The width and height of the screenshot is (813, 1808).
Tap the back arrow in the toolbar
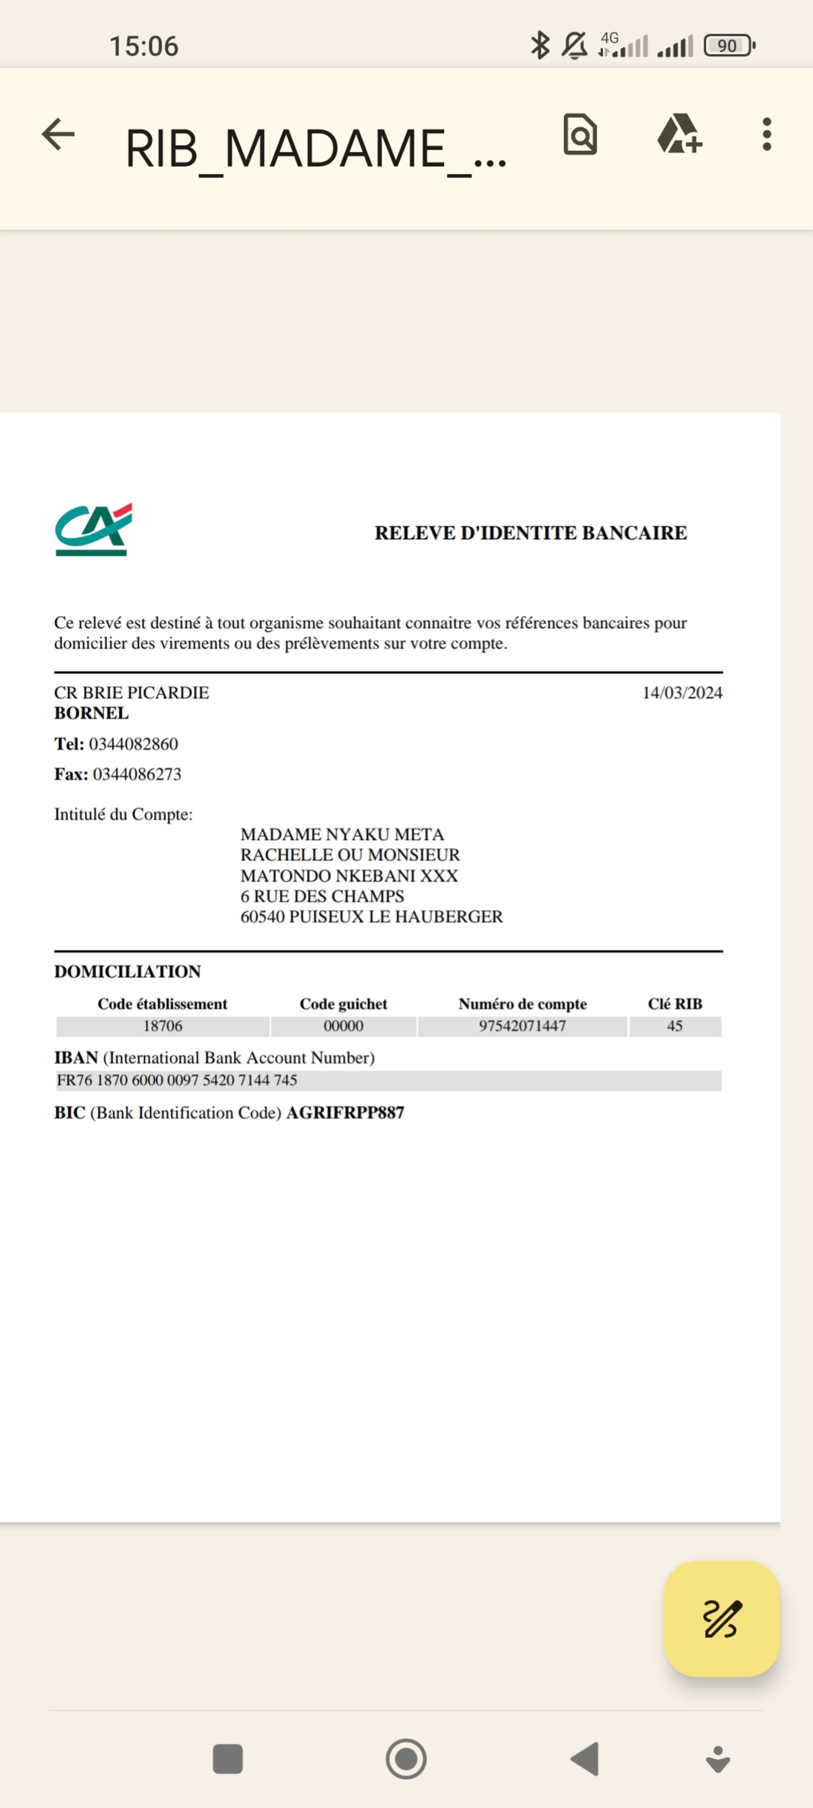(58, 134)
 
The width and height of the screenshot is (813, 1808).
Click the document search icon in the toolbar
(580, 134)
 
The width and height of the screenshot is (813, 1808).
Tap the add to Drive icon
(679, 134)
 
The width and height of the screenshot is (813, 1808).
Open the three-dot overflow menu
(767, 134)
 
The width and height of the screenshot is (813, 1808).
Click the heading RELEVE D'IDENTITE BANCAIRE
(530, 533)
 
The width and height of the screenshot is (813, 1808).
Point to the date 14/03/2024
(682, 693)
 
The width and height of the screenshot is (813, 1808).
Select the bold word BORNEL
(91, 713)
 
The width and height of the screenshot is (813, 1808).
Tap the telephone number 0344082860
(133, 744)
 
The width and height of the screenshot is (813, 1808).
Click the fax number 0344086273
(137, 774)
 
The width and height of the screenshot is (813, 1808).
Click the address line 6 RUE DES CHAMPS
(322, 896)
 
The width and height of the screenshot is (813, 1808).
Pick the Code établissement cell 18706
(163, 1026)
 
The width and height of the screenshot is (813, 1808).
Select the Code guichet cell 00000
(343, 1026)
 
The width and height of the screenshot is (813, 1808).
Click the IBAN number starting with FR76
(177, 1080)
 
